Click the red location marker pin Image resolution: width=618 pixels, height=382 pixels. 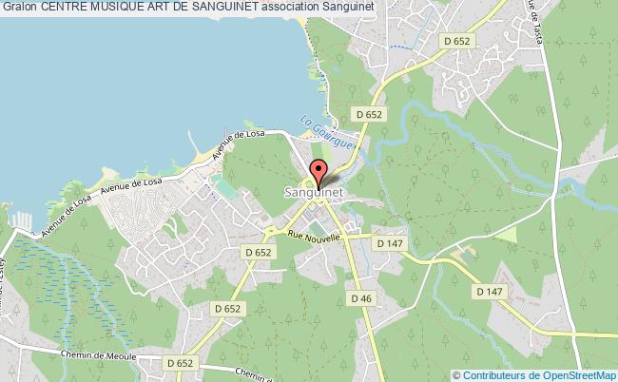coord(318,173)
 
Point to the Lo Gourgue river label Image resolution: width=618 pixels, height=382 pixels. coord(325,136)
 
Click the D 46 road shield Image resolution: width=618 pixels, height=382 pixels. coord(359,298)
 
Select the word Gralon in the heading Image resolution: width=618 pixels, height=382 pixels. coord(20,9)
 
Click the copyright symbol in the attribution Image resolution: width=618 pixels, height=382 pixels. coord(456,373)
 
